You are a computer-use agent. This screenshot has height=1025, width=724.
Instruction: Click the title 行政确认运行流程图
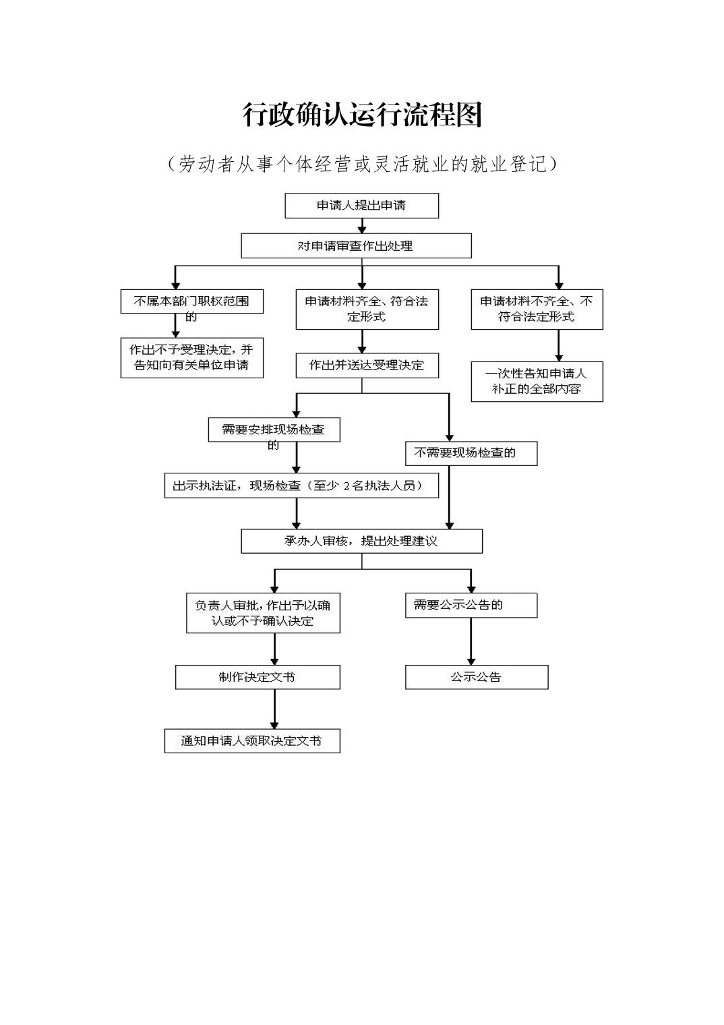[362, 115]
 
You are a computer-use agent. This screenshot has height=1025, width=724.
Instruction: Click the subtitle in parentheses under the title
[362, 164]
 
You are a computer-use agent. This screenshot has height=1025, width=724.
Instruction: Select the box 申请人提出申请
[361, 206]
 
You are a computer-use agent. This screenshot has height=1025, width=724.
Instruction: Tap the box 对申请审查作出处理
[356, 246]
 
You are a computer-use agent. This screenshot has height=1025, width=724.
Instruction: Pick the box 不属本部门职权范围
[191, 301]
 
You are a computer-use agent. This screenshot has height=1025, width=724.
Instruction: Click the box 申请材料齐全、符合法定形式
[367, 310]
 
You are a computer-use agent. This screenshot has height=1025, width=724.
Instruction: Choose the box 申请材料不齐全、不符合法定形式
[537, 310]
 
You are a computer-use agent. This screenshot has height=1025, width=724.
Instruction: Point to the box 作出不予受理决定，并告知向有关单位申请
[191, 357]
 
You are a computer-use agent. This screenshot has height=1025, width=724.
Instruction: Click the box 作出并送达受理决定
[367, 365]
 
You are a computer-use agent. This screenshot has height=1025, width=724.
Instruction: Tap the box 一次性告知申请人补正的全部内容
[537, 382]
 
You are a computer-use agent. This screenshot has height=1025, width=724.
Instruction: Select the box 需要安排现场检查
[274, 430]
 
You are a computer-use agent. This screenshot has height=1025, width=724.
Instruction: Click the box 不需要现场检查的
[471, 453]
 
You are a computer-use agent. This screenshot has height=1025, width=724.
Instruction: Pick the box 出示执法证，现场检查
[301, 486]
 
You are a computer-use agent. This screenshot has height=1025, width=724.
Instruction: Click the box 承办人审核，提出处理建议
[361, 541]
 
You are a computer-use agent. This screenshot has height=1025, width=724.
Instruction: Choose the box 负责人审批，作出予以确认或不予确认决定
[263, 613]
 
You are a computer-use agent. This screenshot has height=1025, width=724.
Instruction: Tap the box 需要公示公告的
[471, 605]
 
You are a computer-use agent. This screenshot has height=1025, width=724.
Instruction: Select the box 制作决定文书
[258, 677]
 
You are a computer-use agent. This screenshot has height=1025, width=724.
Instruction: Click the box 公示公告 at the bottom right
[477, 677]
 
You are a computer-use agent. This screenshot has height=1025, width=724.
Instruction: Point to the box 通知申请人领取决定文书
[252, 740]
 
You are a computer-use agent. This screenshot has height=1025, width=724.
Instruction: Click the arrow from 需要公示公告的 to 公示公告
[471, 641]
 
